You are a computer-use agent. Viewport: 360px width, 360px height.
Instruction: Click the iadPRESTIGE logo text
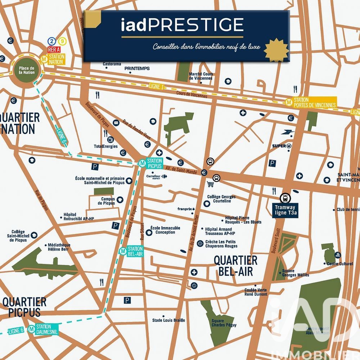(182, 25)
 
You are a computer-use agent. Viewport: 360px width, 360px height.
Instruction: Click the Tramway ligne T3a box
(285, 210)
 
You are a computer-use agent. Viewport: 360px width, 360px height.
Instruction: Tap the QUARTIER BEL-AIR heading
(235, 265)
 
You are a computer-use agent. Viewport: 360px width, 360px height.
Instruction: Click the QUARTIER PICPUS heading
(24, 307)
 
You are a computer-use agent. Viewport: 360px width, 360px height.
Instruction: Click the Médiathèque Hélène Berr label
(59, 247)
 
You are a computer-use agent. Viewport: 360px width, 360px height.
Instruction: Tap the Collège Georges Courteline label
(221, 199)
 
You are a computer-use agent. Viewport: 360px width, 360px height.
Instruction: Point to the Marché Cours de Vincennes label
(201, 76)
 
